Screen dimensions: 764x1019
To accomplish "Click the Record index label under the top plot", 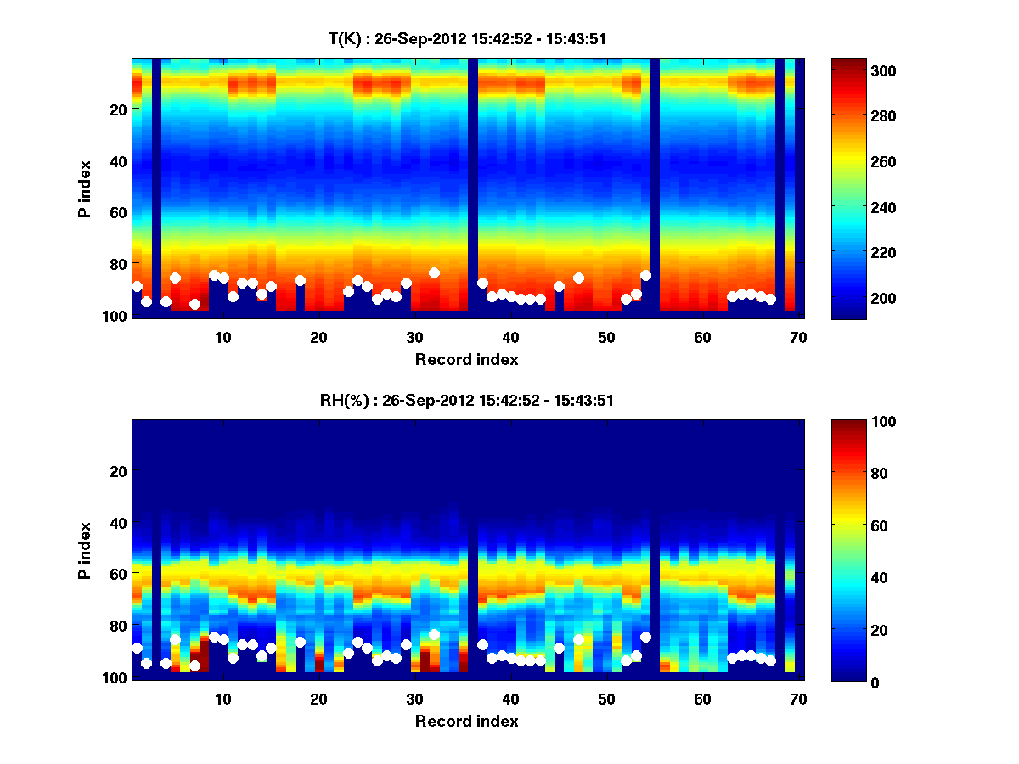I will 466,359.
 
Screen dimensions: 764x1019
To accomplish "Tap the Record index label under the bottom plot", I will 466,721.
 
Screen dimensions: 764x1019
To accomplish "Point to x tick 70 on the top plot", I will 798,338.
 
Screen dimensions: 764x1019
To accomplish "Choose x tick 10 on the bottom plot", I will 222,699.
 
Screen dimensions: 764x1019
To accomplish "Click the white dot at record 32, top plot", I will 434,272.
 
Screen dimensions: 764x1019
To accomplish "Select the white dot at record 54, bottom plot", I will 645,637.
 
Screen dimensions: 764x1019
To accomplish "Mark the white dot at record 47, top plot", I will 578,278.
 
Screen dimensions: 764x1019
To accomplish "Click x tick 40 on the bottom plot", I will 510,699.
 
